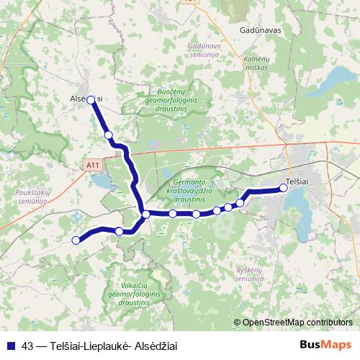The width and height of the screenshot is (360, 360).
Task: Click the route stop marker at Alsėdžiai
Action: point(91,101)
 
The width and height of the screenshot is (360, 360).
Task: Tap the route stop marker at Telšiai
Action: point(283,188)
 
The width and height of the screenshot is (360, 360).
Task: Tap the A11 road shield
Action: point(91,166)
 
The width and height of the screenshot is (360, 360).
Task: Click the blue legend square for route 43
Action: point(10,346)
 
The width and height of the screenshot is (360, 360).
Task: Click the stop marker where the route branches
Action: point(146,215)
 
